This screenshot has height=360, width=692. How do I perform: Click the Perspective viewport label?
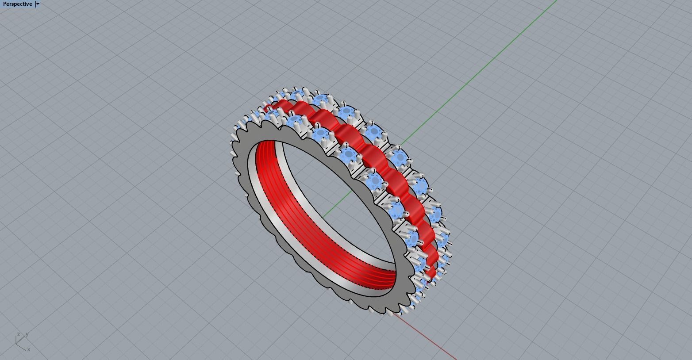click(17, 4)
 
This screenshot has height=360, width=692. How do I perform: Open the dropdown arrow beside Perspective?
click(38, 4)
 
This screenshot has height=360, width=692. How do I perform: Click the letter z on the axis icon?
click(19, 334)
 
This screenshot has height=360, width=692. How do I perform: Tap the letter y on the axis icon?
click(27, 334)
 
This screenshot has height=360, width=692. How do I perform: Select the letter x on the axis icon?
click(29, 349)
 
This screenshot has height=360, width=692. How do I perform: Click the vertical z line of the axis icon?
click(16, 340)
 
